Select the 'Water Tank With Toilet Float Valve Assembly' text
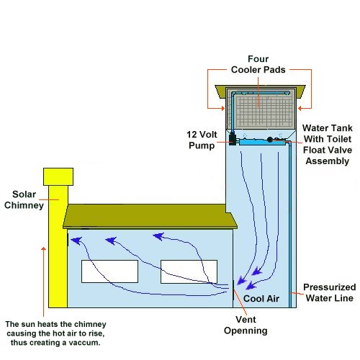coord(326,144)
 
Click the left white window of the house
coord(109,271)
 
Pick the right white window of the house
coord(188,271)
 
